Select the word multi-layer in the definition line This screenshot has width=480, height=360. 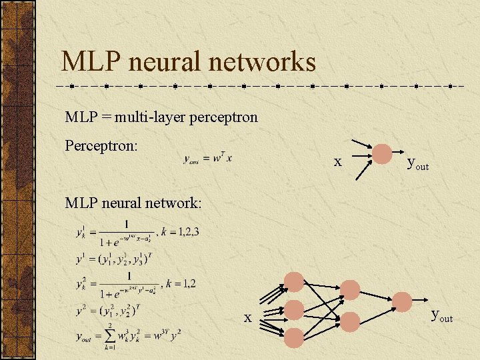[150, 117]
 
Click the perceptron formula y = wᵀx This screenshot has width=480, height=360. [209, 159]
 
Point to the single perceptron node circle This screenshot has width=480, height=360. [382, 154]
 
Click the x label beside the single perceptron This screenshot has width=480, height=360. [338, 161]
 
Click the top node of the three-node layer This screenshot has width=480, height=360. [294, 281]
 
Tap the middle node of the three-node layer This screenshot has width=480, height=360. [294, 309]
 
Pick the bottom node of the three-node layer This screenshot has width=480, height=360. [294, 337]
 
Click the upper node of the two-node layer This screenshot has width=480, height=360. [350, 289]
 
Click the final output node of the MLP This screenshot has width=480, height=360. [401, 301]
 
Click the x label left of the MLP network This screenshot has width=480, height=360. [247, 317]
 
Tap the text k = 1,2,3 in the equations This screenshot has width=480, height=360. [180, 232]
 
